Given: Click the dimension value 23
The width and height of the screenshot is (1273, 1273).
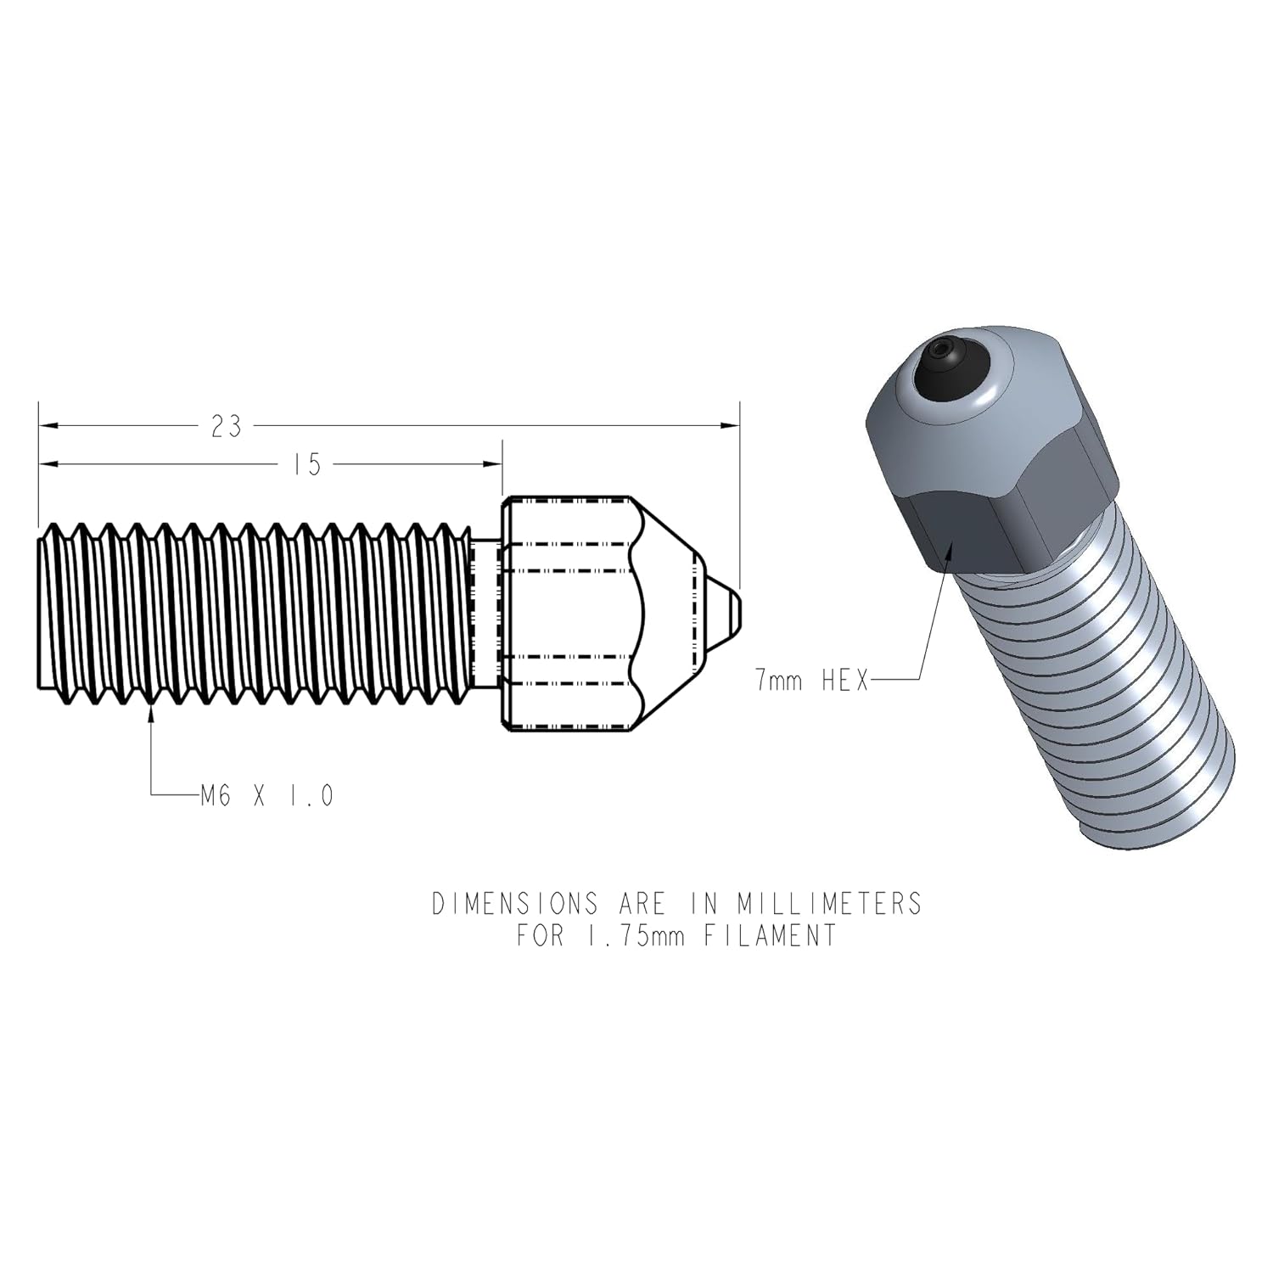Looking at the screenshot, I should (x=226, y=426).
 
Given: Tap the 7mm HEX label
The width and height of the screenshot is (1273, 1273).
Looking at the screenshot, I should (x=812, y=680).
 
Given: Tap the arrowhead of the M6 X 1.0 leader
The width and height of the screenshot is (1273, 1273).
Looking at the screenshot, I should (x=152, y=715).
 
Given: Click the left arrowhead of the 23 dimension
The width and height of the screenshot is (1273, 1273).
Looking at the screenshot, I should (x=48, y=425).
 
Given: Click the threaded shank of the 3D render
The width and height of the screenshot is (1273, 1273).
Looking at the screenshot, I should (x=1112, y=696).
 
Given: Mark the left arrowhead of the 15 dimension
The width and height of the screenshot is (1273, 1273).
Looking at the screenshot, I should (x=48, y=463).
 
